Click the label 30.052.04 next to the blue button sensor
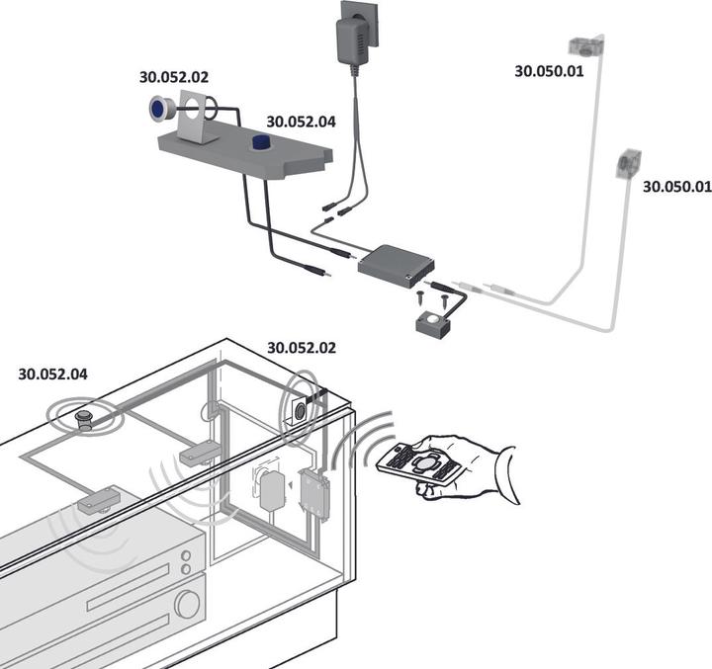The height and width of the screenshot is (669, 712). (x=301, y=123)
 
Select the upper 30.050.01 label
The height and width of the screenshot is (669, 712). (x=549, y=71)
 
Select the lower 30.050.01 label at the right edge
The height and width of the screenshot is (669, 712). (x=676, y=185)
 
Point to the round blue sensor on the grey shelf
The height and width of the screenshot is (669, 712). (x=260, y=144)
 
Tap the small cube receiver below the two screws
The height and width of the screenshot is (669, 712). (x=431, y=323)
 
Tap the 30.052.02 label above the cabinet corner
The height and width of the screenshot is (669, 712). (x=302, y=348)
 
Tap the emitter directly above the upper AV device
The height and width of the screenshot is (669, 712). (x=99, y=501)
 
